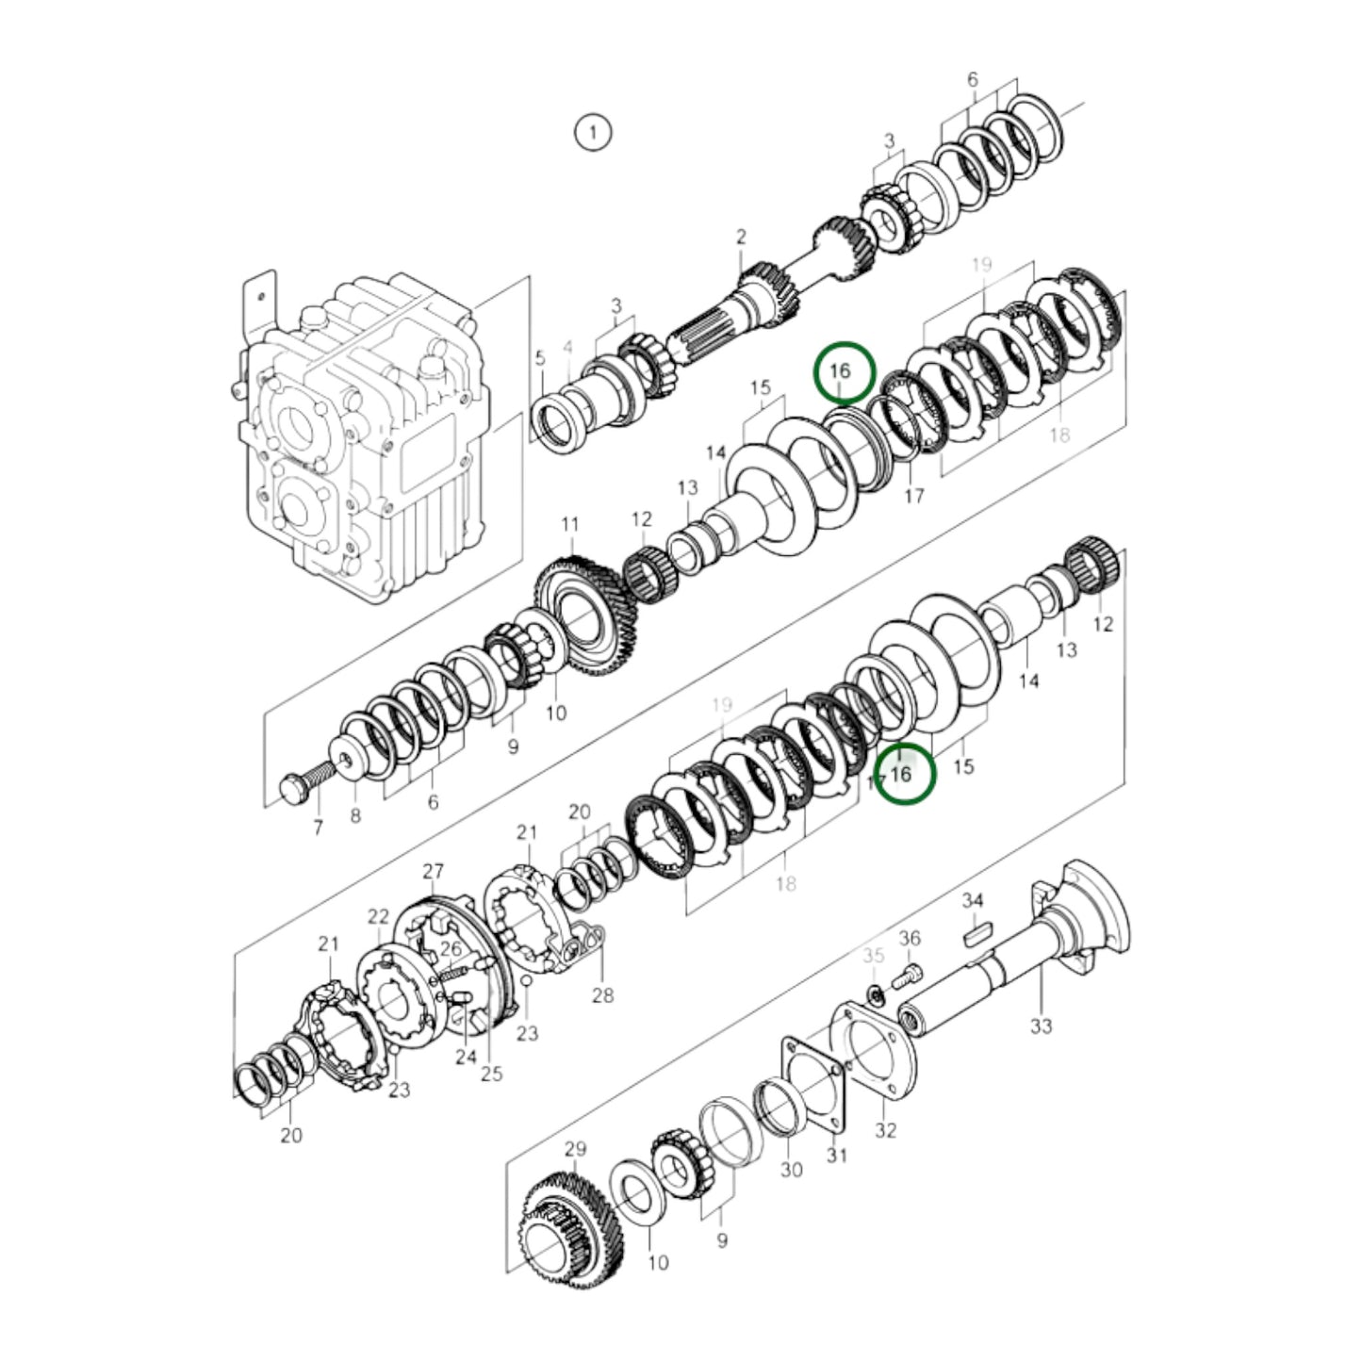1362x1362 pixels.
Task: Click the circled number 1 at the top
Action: [593, 132]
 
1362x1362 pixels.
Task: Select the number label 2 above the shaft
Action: [741, 237]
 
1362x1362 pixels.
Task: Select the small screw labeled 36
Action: [908, 975]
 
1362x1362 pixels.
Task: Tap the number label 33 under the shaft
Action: [1041, 1026]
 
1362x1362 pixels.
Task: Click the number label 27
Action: [433, 871]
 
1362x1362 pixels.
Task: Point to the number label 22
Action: [378, 916]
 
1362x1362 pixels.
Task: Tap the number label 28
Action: [602, 995]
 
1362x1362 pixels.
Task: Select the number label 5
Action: [540, 358]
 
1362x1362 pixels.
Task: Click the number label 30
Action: [792, 1169]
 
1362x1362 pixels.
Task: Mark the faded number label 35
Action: [874, 956]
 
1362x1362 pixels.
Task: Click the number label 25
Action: [491, 1073]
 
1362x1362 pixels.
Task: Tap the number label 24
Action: [466, 1058]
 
